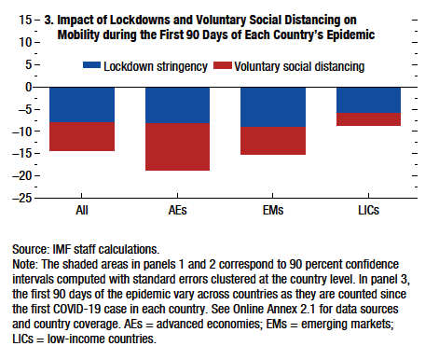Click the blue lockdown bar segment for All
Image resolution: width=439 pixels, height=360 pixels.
(82, 104)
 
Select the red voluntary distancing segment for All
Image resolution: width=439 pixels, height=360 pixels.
(82, 136)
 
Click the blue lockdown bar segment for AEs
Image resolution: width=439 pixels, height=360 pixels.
(177, 104)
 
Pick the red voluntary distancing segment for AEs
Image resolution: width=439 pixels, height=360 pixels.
(177, 146)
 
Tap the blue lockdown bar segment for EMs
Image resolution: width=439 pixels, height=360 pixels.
(273, 106)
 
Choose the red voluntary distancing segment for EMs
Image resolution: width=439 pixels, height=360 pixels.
(273, 140)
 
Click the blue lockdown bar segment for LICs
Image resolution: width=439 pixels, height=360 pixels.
(368, 100)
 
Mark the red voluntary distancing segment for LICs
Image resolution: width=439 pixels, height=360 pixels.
(368, 119)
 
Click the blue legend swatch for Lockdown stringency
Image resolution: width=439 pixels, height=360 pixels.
(101, 66)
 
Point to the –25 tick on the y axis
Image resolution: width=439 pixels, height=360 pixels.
(21, 198)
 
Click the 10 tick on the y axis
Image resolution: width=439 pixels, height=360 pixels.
(24, 42)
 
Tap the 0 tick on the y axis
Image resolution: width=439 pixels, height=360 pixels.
(28, 87)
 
